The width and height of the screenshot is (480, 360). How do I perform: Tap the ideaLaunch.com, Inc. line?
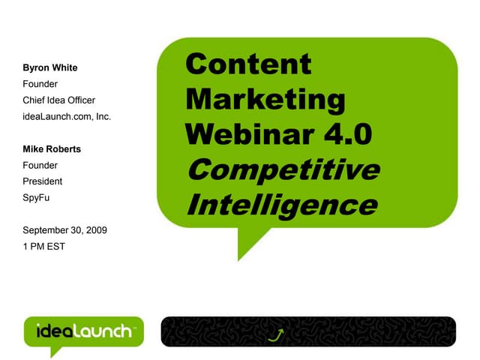[x=67, y=116]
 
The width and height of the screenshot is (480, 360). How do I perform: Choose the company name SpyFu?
[x=37, y=197]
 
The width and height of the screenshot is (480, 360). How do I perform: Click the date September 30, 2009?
[x=66, y=229]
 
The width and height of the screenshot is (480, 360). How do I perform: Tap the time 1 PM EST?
[x=45, y=246]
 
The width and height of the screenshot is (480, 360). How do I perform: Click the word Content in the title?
[x=247, y=64]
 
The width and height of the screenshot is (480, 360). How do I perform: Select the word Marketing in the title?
[x=265, y=99]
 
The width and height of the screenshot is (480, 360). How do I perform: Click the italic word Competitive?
[x=282, y=169]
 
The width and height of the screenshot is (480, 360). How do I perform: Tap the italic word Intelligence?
[x=280, y=204]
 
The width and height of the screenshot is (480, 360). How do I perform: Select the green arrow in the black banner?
[x=277, y=332]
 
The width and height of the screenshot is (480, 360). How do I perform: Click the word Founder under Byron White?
[x=41, y=83]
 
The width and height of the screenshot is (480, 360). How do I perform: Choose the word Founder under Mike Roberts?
[x=41, y=165]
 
